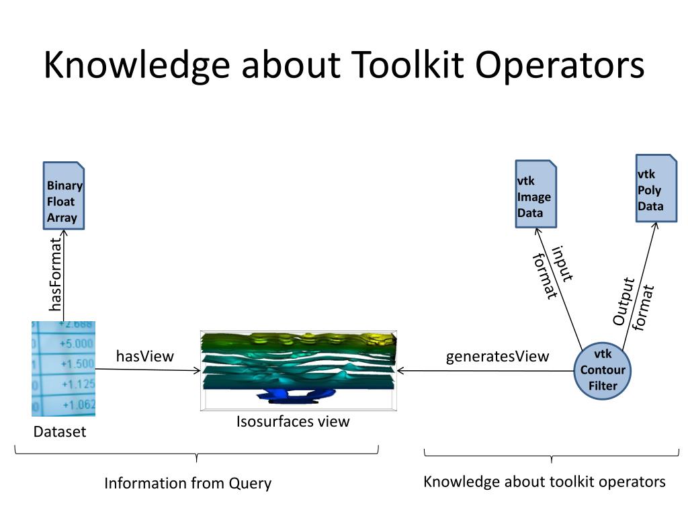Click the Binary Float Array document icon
pos(64,196)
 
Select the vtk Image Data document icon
pos(535,194)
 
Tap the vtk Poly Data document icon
pos(656,188)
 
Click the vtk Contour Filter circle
pos(603,370)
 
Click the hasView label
pos(144,356)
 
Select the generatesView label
pos(497,356)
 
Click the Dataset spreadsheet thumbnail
pos(64,369)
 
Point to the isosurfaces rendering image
pos(299,370)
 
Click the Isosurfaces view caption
pos(293,422)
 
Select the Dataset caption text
pos(60,432)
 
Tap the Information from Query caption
pos(187,483)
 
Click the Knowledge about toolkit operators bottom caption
pos(544,482)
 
